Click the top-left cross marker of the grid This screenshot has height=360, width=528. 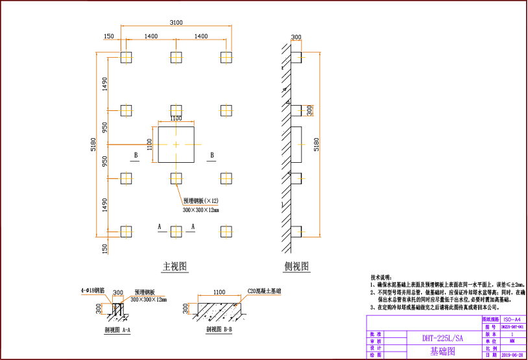click(126, 58)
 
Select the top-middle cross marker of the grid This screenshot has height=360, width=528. click(176, 58)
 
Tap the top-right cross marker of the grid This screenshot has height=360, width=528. click(226, 58)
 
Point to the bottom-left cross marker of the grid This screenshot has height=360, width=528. click(126, 232)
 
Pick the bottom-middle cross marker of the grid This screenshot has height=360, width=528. click(176, 232)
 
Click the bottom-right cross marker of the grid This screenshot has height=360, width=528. click(226, 232)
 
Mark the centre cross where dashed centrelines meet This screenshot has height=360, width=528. click(176, 145)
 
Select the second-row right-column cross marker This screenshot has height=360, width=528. click(226, 111)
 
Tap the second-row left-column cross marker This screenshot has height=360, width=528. click(126, 111)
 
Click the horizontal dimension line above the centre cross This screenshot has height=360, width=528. click(176, 121)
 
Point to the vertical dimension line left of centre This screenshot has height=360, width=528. click(153, 144)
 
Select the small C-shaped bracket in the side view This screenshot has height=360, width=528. click(309, 110)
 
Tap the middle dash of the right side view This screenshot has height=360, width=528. click(301, 145)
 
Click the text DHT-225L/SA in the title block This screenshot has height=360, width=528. click(443, 338)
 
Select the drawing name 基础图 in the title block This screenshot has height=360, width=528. click(443, 352)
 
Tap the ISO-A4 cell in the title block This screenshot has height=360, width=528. click(512, 320)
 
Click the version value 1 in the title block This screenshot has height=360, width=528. click(512, 333)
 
